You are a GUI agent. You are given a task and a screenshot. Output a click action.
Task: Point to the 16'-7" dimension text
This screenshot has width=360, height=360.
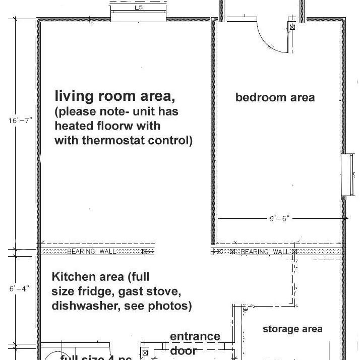pos(20,121)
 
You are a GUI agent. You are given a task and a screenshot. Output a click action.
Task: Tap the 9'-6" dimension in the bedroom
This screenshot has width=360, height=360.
pos(279,219)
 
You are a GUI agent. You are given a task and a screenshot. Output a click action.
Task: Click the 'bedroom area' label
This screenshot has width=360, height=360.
pos(275,97)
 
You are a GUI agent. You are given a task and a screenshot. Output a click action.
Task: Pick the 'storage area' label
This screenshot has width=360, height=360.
pos(292,329)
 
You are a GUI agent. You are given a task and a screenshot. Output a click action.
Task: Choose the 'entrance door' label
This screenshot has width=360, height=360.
pos(194,343)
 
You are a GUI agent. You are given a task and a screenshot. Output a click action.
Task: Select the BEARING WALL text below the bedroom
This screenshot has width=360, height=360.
pos(265,251)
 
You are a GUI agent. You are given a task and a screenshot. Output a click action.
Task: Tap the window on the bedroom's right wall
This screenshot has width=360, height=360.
pos(346,175)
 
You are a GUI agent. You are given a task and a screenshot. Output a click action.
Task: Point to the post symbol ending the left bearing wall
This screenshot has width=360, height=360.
pos(145,251)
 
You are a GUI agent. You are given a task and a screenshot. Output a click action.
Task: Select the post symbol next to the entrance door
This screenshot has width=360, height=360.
pos(145,353)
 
